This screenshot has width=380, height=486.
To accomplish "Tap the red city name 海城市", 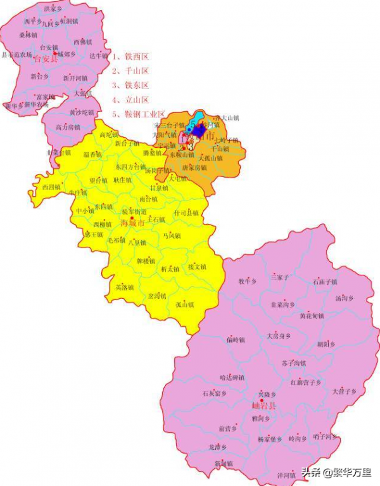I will pyautogui.click(x=132, y=223).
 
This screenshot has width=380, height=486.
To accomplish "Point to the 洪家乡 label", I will pyautogui.click(x=53, y=10).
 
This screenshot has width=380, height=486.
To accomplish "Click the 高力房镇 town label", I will pyautogui.click(x=68, y=127).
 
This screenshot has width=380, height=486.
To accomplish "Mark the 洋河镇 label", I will pyautogui.click(x=286, y=474).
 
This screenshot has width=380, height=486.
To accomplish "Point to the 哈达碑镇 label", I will pyautogui.click(x=232, y=377).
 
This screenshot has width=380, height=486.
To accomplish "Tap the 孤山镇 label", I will pyautogui.click(x=184, y=304).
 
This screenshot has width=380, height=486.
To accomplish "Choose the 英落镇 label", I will pyautogui.click(x=124, y=287).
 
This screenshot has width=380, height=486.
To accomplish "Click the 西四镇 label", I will pyautogui.click(x=51, y=187).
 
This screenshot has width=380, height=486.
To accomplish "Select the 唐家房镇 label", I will pyautogui.click(x=194, y=167).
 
